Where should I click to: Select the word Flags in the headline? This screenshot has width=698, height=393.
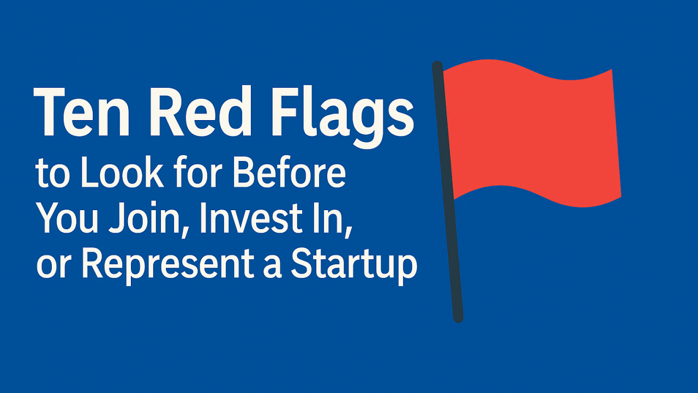343,117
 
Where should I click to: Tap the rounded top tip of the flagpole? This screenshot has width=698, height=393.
437,65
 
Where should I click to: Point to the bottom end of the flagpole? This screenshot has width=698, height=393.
458,319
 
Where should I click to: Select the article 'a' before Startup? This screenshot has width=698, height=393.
272,267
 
